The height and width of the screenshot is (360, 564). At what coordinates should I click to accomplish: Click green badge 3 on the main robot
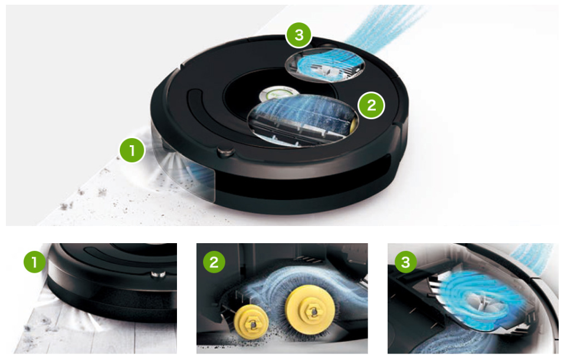[299, 35]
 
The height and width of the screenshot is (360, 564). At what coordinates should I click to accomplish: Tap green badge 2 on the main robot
[371, 105]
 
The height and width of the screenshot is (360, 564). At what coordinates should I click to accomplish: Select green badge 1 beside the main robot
[132, 150]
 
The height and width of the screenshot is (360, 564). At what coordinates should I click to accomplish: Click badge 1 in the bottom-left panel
[35, 262]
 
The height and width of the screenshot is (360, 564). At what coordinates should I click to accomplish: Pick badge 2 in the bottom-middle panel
[214, 262]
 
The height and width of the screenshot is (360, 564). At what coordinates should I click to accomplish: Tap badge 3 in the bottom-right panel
[406, 262]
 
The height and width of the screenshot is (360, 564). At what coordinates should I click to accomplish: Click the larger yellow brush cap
[310, 310]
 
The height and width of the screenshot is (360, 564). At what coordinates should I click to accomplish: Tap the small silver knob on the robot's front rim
[225, 152]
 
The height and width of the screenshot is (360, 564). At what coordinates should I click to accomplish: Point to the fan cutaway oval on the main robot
[325, 65]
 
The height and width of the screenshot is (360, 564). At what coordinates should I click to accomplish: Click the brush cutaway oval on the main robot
[303, 120]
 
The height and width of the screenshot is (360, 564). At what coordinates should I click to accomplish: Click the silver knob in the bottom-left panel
[158, 274]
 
